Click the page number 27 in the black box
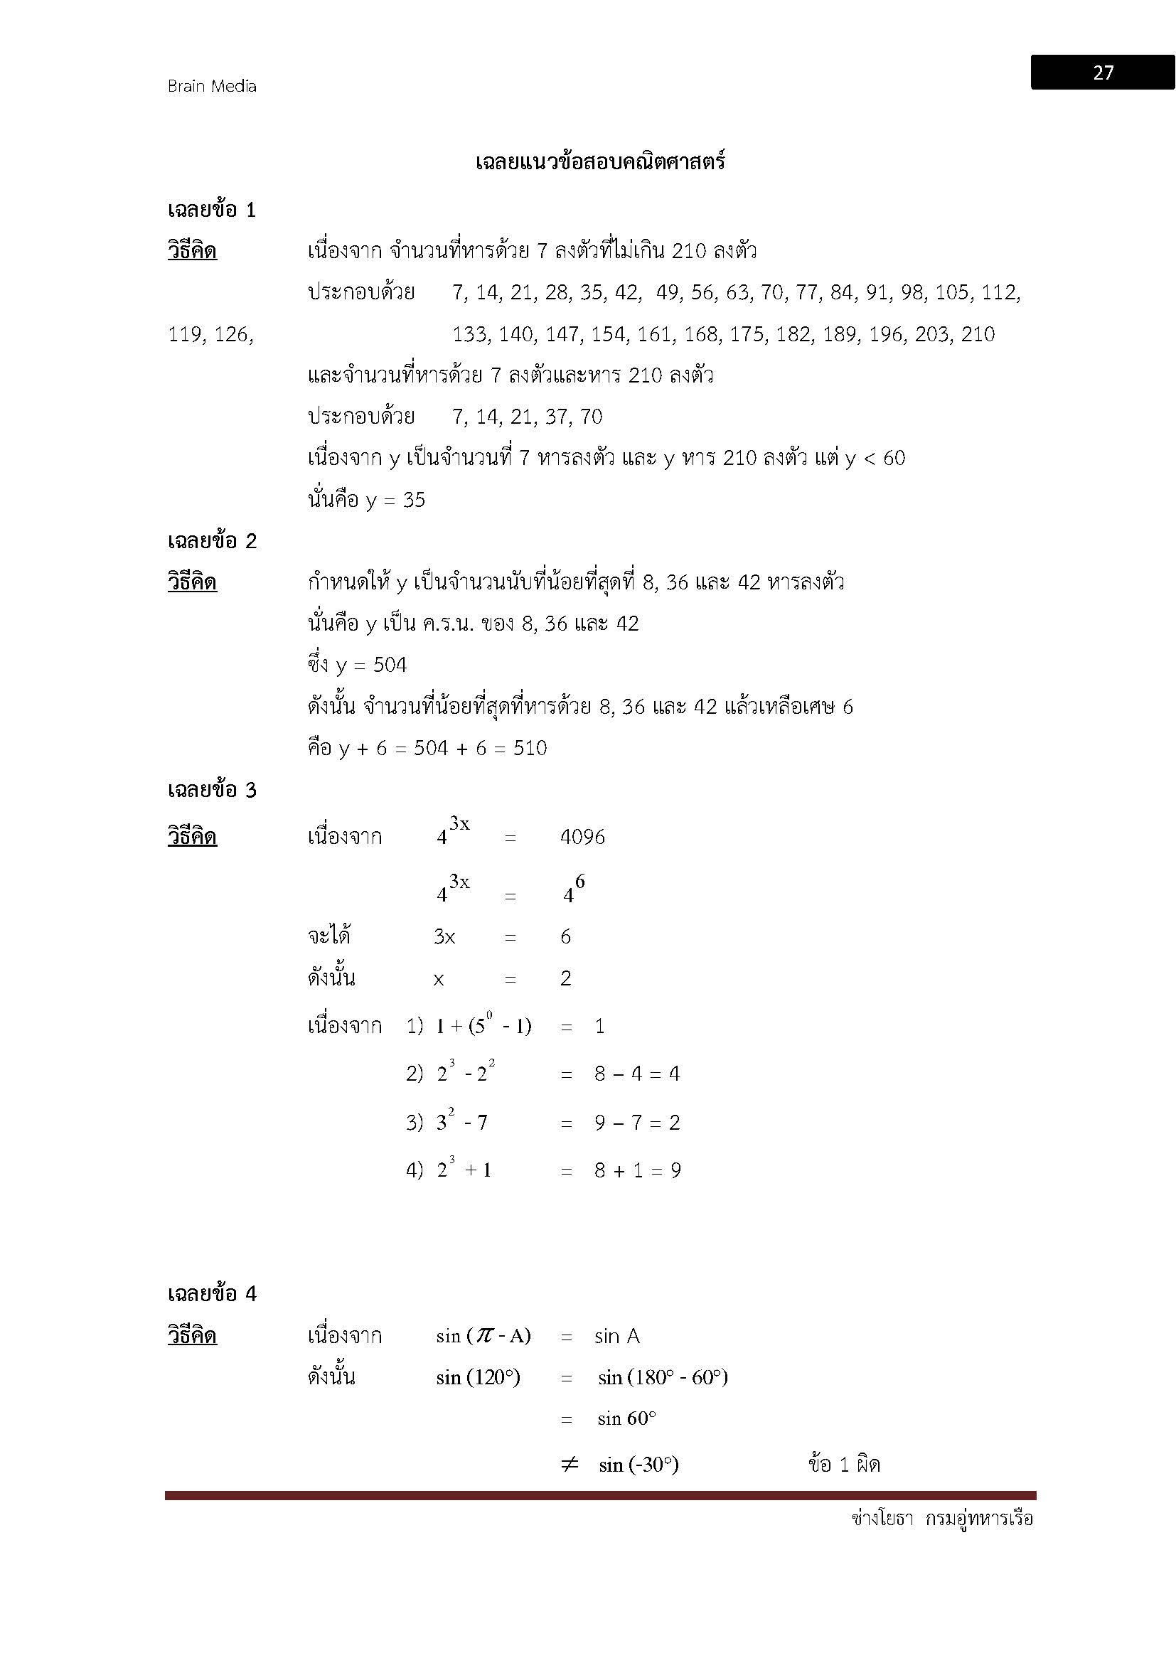[1103, 73]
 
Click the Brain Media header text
[211, 86]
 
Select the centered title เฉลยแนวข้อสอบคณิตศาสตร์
[599, 161]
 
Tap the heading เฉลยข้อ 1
[211, 210]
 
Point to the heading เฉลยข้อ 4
[211, 1293]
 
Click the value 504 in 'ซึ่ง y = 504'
[390, 665]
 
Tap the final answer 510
[530, 748]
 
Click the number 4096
[582, 838]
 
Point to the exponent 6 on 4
[580, 882]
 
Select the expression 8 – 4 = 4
[637, 1074]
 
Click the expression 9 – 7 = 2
[637, 1123]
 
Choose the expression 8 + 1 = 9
[637, 1170]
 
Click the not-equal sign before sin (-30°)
[570, 1465]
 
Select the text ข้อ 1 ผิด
[844, 1465]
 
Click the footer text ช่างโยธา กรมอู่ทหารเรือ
[942, 1518]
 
